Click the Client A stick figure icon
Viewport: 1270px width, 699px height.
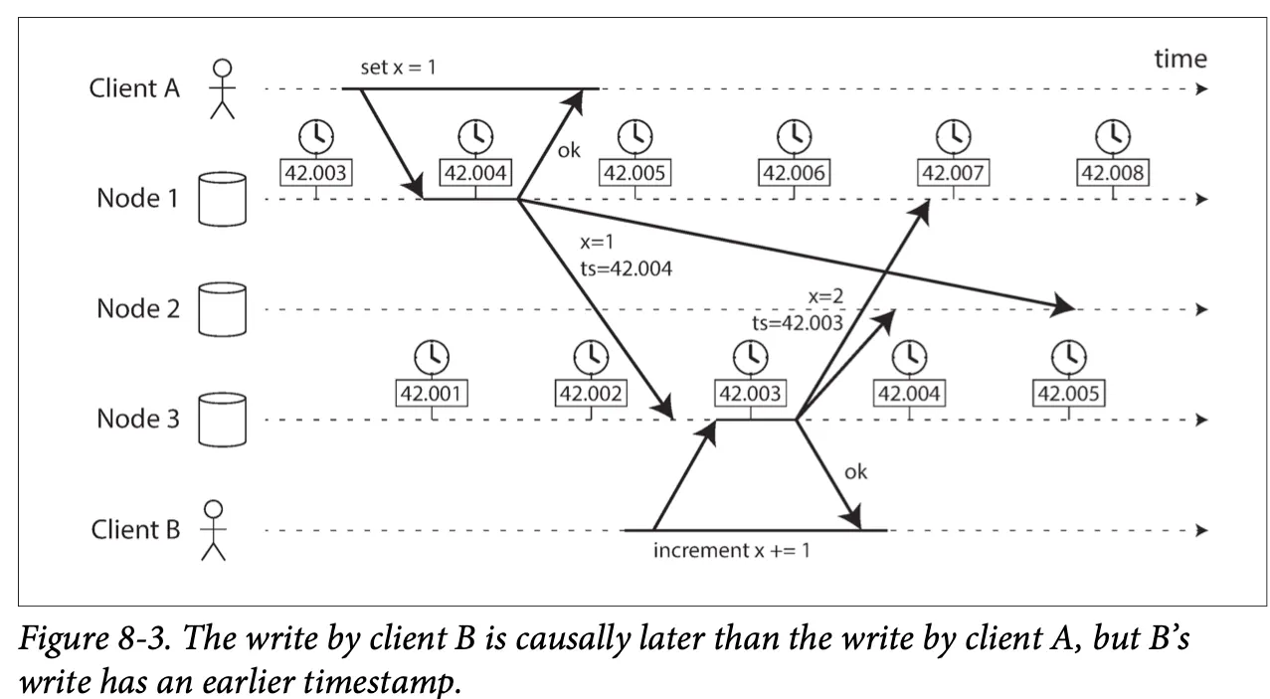(222, 87)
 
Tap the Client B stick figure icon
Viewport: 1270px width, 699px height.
(213, 530)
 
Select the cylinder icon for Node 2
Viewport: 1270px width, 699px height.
(222, 309)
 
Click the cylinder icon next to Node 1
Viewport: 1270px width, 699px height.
(222, 199)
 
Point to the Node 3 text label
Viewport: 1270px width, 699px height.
(137, 419)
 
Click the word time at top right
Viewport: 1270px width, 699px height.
(1179, 59)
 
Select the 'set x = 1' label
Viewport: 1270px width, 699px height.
(398, 69)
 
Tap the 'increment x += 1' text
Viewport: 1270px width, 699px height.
(731, 550)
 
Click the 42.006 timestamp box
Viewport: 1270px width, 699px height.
(794, 174)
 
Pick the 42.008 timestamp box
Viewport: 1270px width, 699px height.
(1113, 174)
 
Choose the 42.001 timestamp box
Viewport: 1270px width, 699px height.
(433, 394)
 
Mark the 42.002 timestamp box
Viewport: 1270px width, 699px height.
(591, 394)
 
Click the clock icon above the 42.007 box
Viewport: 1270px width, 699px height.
(954, 134)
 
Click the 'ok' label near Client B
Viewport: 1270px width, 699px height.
(855, 471)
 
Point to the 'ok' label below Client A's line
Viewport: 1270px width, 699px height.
(568, 151)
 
